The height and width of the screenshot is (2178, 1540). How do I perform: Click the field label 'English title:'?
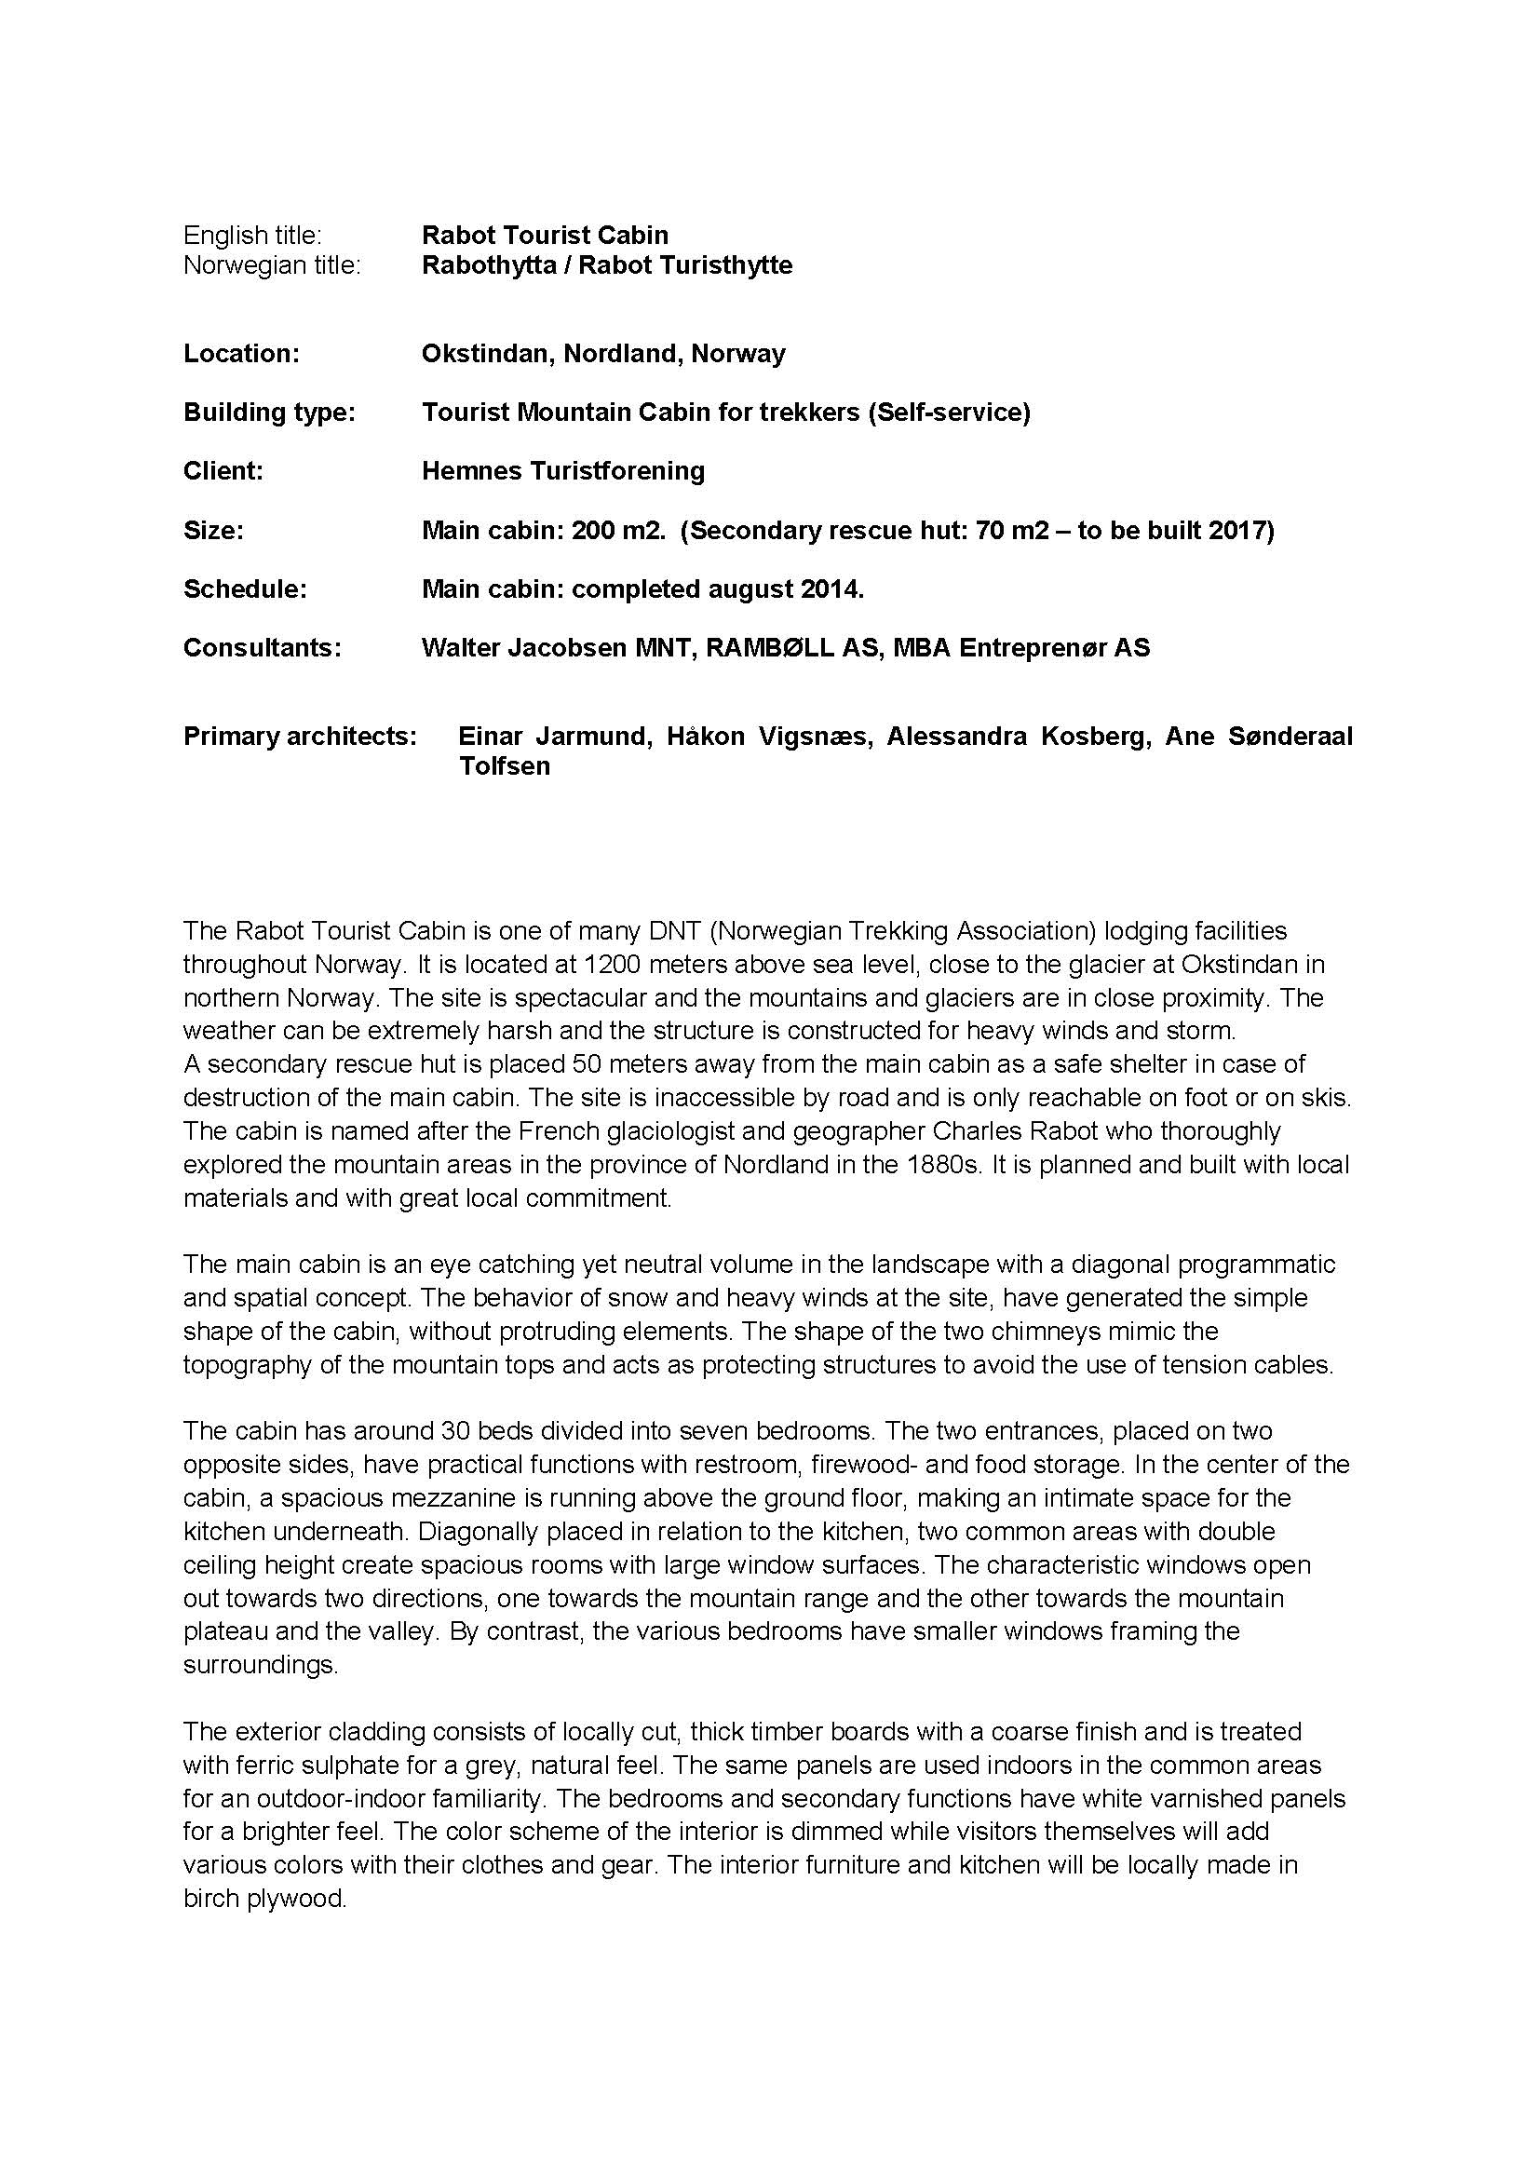252,236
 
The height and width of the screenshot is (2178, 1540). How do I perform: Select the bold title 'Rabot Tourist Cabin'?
545,236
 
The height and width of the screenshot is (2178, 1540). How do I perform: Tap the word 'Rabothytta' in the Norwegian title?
489,265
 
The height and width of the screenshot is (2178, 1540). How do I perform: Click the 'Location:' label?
241,354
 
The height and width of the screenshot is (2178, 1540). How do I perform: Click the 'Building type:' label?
268,413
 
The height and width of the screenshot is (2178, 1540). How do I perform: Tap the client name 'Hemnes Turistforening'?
562,471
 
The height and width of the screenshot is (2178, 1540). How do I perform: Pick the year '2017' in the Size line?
1236,530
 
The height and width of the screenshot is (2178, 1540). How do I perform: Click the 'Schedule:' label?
245,589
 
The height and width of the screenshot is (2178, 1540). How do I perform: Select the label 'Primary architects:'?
300,737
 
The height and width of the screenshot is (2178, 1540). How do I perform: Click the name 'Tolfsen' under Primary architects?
505,766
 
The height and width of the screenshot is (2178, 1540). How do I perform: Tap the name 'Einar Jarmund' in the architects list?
555,737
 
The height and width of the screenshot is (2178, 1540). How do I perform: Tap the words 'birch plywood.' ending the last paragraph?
264,1899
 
